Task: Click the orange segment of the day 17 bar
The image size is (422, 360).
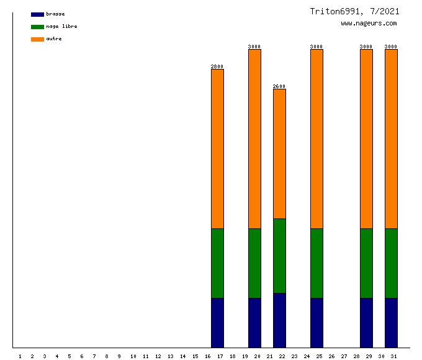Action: [x=217, y=149]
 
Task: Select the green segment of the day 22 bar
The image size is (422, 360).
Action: [x=279, y=256]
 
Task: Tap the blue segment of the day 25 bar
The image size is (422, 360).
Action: [x=316, y=323]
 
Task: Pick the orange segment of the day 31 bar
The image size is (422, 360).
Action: [x=391, y=139]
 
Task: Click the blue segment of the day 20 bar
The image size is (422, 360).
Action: [x=254, y=323]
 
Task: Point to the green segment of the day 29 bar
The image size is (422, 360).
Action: [x=366, y=263]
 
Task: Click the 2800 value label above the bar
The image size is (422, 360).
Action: [x=217, y=66]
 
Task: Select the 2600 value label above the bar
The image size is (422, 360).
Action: [x=279, y=86]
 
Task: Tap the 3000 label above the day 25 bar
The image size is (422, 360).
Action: [x=316, y=47]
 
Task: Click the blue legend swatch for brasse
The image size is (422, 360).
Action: [x=37, y=14]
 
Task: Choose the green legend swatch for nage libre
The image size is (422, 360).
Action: [x=37, y=27]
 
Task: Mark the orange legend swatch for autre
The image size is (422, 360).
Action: [x=37, y=39]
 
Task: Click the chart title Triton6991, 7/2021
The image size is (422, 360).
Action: [x=355, y=11]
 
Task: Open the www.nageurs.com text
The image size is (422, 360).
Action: [x=369, y=24]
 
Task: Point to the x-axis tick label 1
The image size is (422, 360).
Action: [x=20, y=356]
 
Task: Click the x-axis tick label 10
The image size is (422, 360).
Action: [x=133, y=356]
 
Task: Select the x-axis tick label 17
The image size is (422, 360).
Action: [x=220, y=356]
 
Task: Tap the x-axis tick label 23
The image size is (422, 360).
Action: [x=294, y=356]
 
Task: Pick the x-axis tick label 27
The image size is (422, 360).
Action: [x=344, y=356]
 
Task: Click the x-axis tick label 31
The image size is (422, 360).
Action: [x=393, y=356]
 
